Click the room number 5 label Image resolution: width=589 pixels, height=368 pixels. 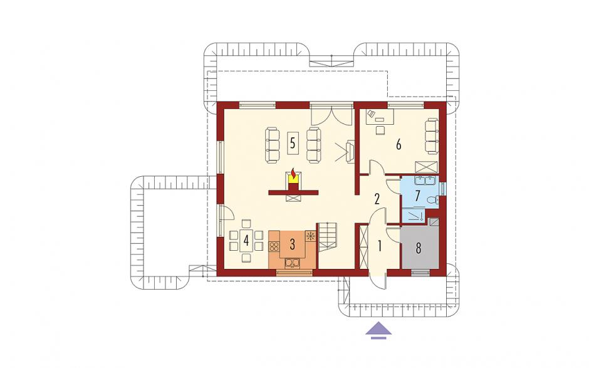293,142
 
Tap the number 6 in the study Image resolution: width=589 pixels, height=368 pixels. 399,144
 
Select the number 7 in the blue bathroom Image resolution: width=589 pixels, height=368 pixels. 418,196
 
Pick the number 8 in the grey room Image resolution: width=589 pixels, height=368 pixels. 419,248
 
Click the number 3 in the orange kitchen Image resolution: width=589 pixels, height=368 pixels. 293,244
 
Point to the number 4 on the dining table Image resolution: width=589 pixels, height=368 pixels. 246,240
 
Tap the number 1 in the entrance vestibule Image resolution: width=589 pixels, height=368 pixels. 380,246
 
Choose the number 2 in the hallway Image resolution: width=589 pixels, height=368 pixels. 377,199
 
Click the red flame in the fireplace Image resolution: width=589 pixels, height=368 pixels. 293,174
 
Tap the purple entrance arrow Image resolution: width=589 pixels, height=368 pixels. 378,330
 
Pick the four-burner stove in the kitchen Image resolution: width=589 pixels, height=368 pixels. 274,246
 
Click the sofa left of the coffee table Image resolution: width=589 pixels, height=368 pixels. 273,145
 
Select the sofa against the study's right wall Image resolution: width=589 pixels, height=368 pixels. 432,136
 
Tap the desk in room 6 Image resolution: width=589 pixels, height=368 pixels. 380,117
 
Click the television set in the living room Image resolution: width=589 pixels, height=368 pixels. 351,152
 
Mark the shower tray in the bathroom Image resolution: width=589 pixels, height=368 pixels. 413,216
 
